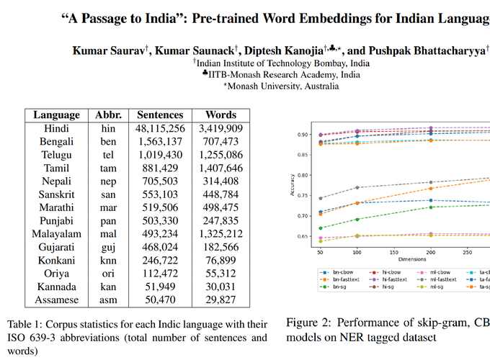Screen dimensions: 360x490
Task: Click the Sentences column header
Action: pyautogui.click(x=160, y=114)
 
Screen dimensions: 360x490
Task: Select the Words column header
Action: pyautogui.click(x=220, y=114)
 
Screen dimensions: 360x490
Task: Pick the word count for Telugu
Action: pyautogui.click(x=220, y=154)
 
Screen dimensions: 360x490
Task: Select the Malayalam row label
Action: pyautogui.click(x=55, y=233)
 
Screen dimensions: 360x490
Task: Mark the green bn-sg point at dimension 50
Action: pyautogui.click(x=319, y=228)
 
